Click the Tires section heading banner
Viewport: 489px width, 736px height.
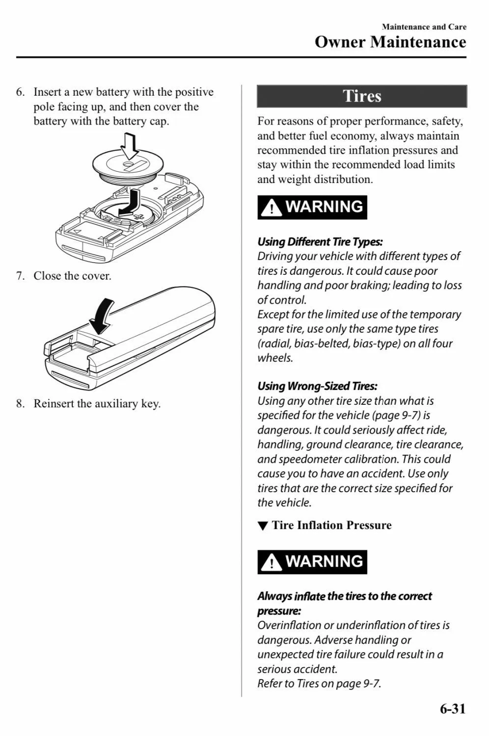pyautogui.click(x=362, y=96)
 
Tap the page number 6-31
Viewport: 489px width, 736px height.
pyautogui.click(x=452, y=709)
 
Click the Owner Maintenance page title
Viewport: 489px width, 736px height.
pyautogui.click(x=390, y=42)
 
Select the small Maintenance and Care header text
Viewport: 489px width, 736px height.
pyautogui.click(x=424, y=27)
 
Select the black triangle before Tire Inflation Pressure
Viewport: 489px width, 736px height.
pyautogui.click(x=263, y=526)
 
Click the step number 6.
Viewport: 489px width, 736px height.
pyautogui.click(x=20, y=92)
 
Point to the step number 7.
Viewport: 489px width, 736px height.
pyautogui.click(x=20, y=276)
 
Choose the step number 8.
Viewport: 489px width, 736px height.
pyautogui.click(x=20, y=404)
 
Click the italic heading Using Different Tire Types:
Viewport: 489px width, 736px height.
pyautogui.click(x=320, y=241)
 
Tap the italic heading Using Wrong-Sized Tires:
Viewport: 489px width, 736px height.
pyautogui.click(x=317, y=386)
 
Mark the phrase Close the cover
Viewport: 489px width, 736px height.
pyautogui.click(x=72, y=276)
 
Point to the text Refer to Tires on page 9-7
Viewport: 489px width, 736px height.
pyautogui.click(x=319, y=683)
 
